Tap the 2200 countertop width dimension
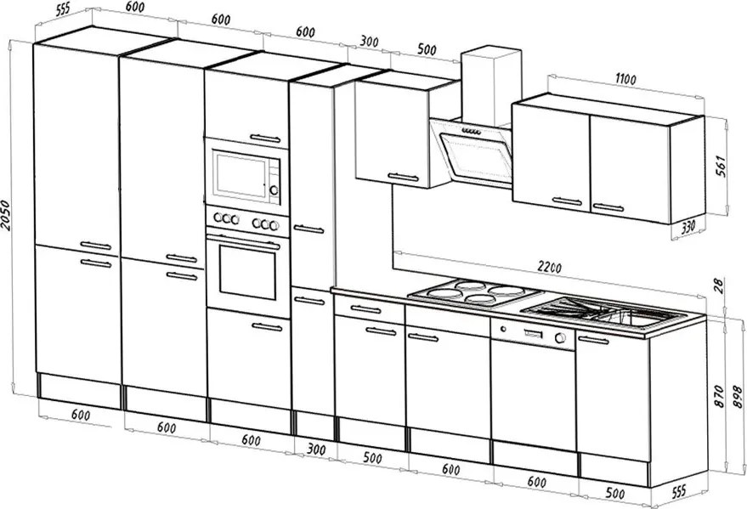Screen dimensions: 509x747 pyautogui.click(x=550, y=268)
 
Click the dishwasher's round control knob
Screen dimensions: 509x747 pyautogui.click(x=560, y=338)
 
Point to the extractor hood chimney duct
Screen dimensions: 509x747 pyautogui.click(x=490, y=85)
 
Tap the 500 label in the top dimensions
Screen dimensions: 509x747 pyautogui.click(x=427, y=50)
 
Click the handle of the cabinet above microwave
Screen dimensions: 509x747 pyautogui.click(x=266, y=137)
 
